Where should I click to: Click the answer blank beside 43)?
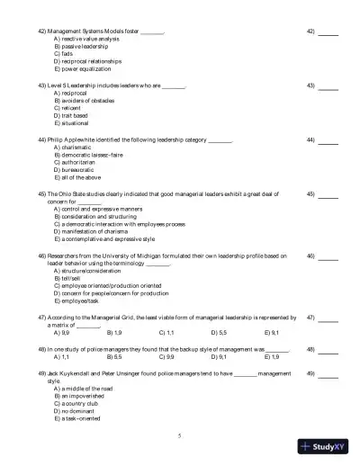tap(328, 88)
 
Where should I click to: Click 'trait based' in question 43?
tap(72, 115)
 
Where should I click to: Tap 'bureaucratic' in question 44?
tap(75, 169)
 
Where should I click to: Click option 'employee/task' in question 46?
tap(77, 301)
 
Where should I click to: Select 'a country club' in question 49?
tap(77, 403)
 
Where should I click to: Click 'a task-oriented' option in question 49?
tap(78, 418)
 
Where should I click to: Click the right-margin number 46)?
tap(310, 255)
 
